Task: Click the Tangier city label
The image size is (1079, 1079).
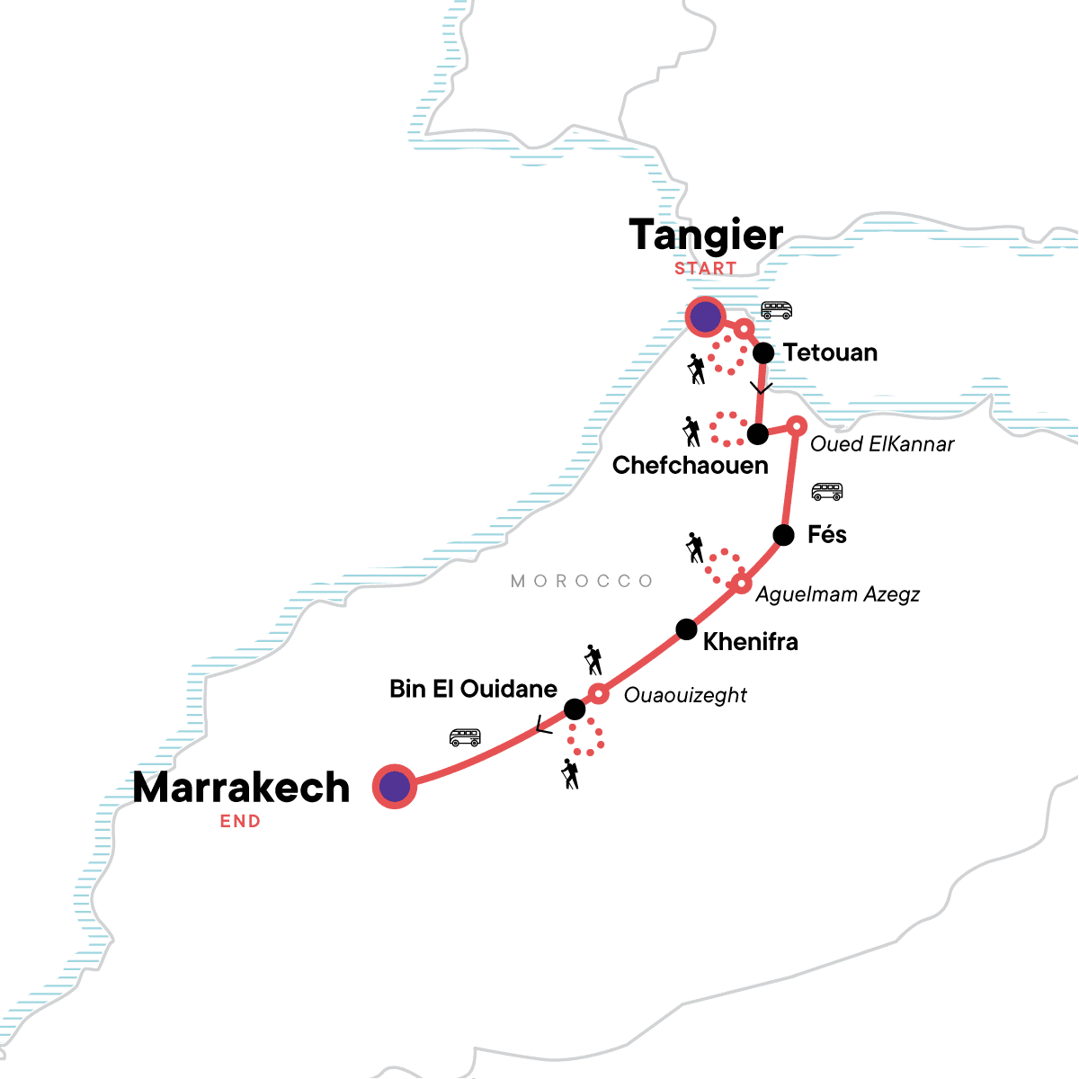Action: click(x=706, y=236)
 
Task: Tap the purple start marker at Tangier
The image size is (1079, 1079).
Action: click(x=705, y=317)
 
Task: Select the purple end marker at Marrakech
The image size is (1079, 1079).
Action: click(x=394, y=787)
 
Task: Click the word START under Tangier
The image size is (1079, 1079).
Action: click(x=705, y=268)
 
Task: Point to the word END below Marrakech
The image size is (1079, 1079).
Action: click(x=240, y=821)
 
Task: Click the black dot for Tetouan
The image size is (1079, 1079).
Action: click(x=763, y=352)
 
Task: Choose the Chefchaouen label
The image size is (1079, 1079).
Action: click(x=690, y=465)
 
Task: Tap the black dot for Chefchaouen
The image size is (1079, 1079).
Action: click(x=758, y=434)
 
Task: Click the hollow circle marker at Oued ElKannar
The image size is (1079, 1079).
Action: click(x=797, y=425)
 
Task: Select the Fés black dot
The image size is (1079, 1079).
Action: click(x=783, y=535)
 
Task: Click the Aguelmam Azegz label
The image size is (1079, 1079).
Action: click(x=837, y=594)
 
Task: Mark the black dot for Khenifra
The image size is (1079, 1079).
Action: click(x=686, y=629)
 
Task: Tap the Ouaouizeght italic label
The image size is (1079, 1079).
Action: click(x=685, y=695)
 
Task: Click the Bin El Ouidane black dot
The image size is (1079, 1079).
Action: click(x=575, y=710)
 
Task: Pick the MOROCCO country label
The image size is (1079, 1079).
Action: click(x=582, y=581)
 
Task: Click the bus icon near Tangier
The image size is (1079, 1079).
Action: click(x=776, y=310)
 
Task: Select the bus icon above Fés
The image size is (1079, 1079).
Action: click(x=826, y=492)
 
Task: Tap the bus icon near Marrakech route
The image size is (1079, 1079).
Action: click(x=465, y=738)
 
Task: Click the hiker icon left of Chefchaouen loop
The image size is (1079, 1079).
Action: click(x=691, y=432)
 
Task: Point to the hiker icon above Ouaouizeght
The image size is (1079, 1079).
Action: click(x=593, y=659)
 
